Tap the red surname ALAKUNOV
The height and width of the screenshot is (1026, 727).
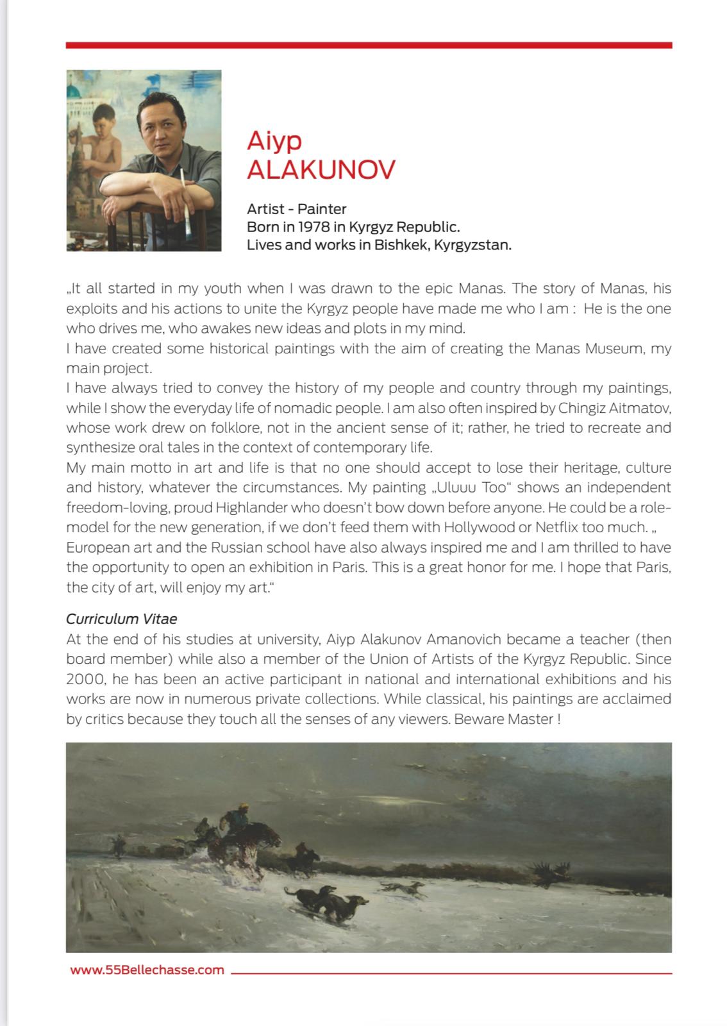321,170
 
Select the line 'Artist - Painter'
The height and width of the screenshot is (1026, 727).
296,209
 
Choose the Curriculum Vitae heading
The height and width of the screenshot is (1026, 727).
122,619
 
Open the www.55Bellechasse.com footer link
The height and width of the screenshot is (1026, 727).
147,970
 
